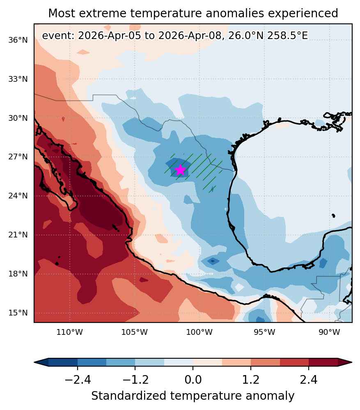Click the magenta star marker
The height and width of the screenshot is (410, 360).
[180, 170]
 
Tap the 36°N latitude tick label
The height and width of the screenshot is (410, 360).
[18, 40]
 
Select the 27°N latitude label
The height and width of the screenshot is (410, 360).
[18, 157]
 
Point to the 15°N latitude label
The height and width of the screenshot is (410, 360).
[18, 313]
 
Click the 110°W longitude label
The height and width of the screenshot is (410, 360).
[69, 332]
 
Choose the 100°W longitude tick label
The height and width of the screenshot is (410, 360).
[199, 332]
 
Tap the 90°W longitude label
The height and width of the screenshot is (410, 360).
[329, 332]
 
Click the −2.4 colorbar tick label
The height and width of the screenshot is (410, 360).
[78, 380]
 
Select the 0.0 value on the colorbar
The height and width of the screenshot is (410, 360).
[193, 380]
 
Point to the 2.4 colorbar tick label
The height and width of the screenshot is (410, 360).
[309, 380]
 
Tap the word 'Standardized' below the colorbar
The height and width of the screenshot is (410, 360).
[128, 396]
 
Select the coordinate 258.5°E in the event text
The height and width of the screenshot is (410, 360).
[287, 36]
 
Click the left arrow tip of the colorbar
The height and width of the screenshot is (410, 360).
[34, 362]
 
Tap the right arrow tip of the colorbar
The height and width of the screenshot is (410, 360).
[352, 362]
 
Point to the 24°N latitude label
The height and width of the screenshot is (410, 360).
[18, 196]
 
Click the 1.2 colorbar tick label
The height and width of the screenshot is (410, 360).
[251, 380]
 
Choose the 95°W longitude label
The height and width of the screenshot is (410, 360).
[264, 332]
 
